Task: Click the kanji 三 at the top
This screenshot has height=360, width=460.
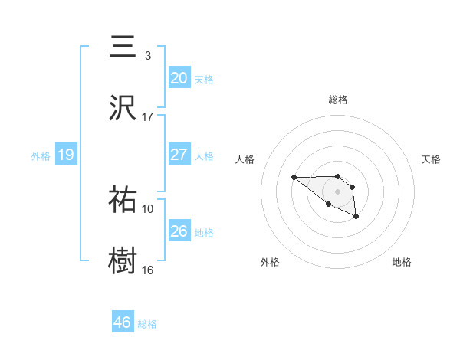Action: [123, 48]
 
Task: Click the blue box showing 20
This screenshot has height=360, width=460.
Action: [179, 78]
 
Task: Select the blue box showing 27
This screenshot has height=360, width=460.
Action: [179, 155]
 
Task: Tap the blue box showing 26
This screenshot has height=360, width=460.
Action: [179, 231]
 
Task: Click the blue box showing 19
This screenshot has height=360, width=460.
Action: [66, 155]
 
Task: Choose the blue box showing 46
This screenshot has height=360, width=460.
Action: [123, 322]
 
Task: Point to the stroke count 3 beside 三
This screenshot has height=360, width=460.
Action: [147, 56]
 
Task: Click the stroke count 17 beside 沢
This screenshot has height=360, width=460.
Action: [148, 116]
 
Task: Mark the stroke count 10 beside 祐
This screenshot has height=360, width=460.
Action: [148, 208]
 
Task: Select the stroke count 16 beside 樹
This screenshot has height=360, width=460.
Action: [148, 269]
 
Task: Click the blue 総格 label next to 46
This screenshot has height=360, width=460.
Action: [147, 324]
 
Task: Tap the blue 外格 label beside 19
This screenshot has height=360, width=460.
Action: [41, 156]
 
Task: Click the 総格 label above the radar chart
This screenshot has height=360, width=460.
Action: [338, 100]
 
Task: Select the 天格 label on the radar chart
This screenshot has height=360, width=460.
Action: [432, 159]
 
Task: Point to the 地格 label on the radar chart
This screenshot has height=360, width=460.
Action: [402, 262]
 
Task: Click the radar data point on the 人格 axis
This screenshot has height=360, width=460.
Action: [294, 178]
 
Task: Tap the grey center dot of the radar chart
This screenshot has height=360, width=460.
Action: [338, 191]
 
